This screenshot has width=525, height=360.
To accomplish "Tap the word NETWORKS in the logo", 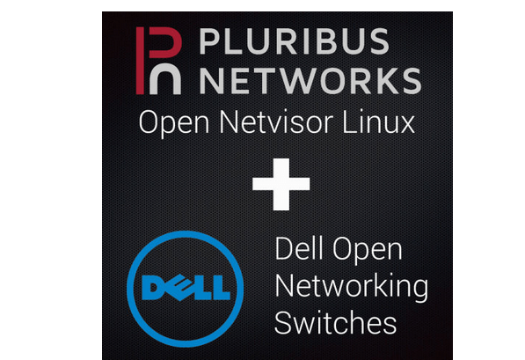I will coord(309,78).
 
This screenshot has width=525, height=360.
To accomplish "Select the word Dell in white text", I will coord(300,250).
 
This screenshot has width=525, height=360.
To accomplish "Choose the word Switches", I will coord(335,322).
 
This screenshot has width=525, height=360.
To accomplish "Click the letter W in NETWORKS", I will coord(307,78).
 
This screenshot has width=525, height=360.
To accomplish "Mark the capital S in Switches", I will coord(283,322).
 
